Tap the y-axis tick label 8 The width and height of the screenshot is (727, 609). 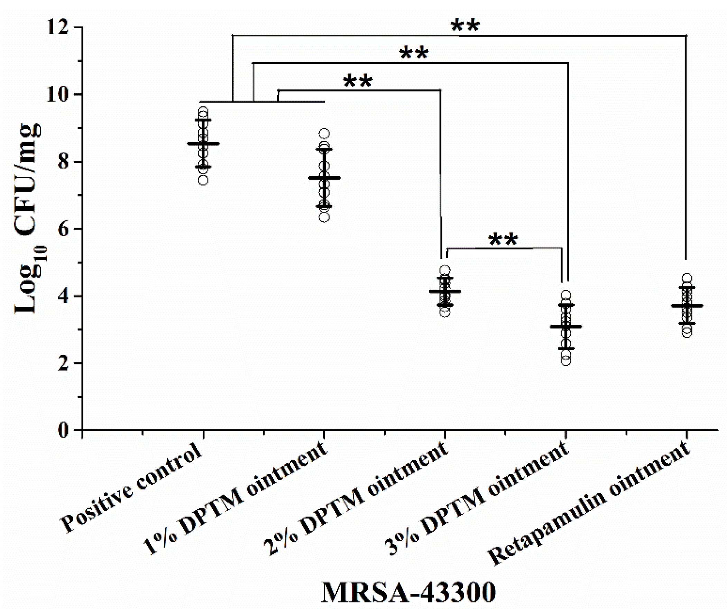click(64, 162)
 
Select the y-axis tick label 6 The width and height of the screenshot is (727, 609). click(64, 229)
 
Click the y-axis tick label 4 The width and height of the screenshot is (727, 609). click(64, 296)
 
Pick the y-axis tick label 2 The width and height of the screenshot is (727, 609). click(64, 363)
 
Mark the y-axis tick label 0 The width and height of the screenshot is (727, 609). click(64, 430)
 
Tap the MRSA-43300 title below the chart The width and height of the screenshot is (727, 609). click(408, 592)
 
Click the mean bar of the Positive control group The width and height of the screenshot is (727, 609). click(203, 143)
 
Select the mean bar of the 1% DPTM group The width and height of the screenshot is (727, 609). click(324, 178)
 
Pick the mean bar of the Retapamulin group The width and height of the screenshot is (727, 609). click(687, 305)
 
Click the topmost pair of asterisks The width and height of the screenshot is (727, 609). click(465, 26)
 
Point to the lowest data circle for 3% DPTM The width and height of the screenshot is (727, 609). click(566, 361)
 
